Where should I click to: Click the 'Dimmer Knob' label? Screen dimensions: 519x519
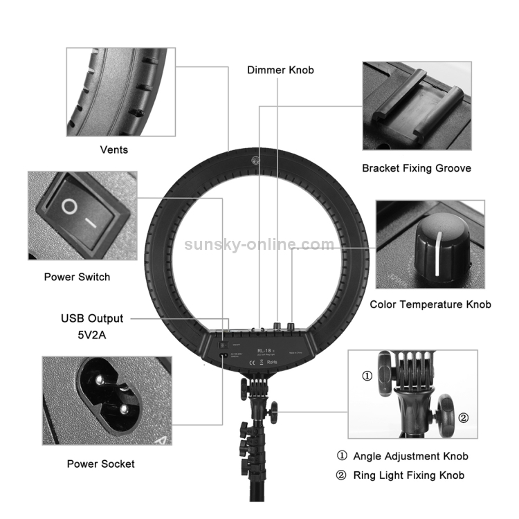pos(280,70)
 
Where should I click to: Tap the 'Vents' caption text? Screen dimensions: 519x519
pos(114,149)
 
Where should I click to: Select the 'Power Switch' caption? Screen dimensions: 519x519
pos(77,277)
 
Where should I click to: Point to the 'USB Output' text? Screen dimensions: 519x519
pos(92,318)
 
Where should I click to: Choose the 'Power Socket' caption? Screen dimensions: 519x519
pos(100,464)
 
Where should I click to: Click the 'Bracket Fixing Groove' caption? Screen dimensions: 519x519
pos(416,168)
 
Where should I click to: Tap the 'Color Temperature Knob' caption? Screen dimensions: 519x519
pos(430,304)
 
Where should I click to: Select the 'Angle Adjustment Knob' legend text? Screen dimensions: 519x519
pos(410,456)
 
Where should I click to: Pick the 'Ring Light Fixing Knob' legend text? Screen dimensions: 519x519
pos(408,475)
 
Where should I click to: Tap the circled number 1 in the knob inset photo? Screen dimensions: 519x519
pos(367,376)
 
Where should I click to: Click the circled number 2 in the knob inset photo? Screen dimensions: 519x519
pos(463,417)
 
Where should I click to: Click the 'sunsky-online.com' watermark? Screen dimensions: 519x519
pos(259,244)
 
